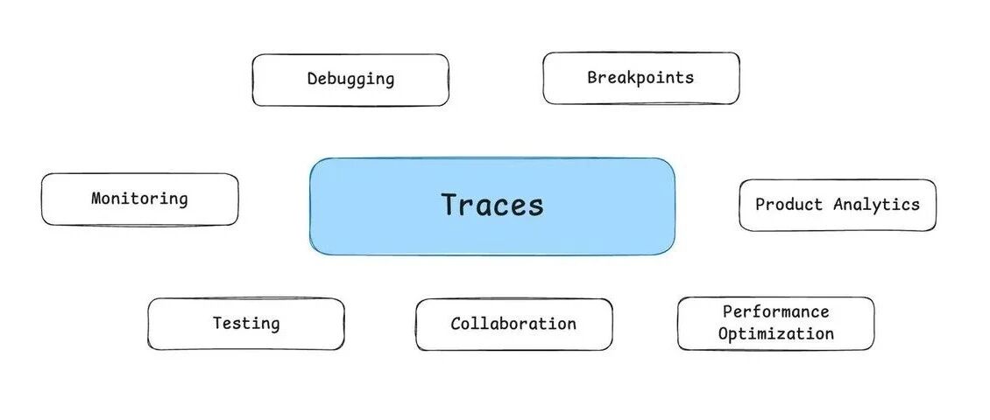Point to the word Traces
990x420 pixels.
492,205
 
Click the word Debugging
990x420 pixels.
350,79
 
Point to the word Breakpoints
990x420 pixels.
640,77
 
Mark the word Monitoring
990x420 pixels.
139,199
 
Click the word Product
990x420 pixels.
789,205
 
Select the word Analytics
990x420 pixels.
877,205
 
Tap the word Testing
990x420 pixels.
246,324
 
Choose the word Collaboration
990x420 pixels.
513,324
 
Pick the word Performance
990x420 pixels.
775,311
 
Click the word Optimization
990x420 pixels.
776,333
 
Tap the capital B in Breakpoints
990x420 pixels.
592,77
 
